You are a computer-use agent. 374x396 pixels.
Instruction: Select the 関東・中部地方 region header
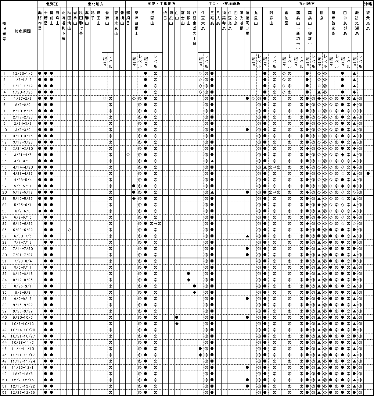point(162,3)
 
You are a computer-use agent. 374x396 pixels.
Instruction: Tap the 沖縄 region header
point(368,3)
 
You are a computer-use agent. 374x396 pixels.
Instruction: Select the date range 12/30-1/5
point(23,74)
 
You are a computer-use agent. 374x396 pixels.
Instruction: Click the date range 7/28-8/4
point(23,261)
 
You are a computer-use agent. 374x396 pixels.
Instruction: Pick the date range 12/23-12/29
point(23,392)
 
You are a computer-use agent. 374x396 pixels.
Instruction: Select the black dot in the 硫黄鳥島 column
point(368,174)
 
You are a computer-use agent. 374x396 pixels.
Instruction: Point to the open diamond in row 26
point(69,230)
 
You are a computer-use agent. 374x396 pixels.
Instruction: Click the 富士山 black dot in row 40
point(177,317)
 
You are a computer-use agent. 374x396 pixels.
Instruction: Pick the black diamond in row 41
point(177,323)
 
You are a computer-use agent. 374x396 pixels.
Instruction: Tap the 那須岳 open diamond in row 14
point(128,155)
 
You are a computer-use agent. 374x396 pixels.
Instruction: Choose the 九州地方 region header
point(307,3)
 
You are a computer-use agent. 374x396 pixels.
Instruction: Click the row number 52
point(4,392)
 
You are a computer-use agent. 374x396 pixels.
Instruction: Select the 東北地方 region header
point(96,3)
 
